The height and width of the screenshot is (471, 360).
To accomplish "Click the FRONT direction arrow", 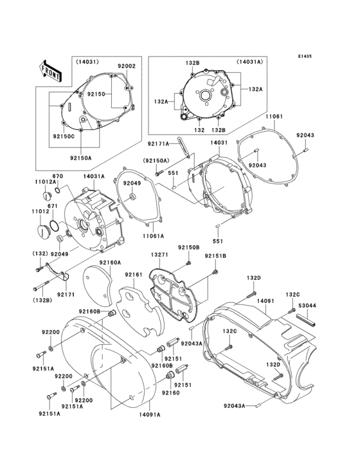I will pos(50,69).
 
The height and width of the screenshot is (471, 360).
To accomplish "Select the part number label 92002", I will pos(127,66).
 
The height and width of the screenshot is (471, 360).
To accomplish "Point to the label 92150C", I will pos(64,136).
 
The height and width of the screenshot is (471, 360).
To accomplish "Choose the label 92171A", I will pos(158,144).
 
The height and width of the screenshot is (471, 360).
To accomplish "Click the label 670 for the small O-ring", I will pos(57,176).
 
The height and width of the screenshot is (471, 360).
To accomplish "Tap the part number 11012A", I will pos(44,183).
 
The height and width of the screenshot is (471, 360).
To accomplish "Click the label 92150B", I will pos(189,248).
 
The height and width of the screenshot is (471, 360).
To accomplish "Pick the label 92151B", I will pos(215,256).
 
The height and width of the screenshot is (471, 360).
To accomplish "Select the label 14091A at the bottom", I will pos(150,415).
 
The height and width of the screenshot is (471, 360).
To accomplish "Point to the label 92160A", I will pos(111,263).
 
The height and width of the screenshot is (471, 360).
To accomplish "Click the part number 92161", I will pos(134,274).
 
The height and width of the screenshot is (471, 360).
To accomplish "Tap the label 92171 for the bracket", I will pos(66,294).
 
